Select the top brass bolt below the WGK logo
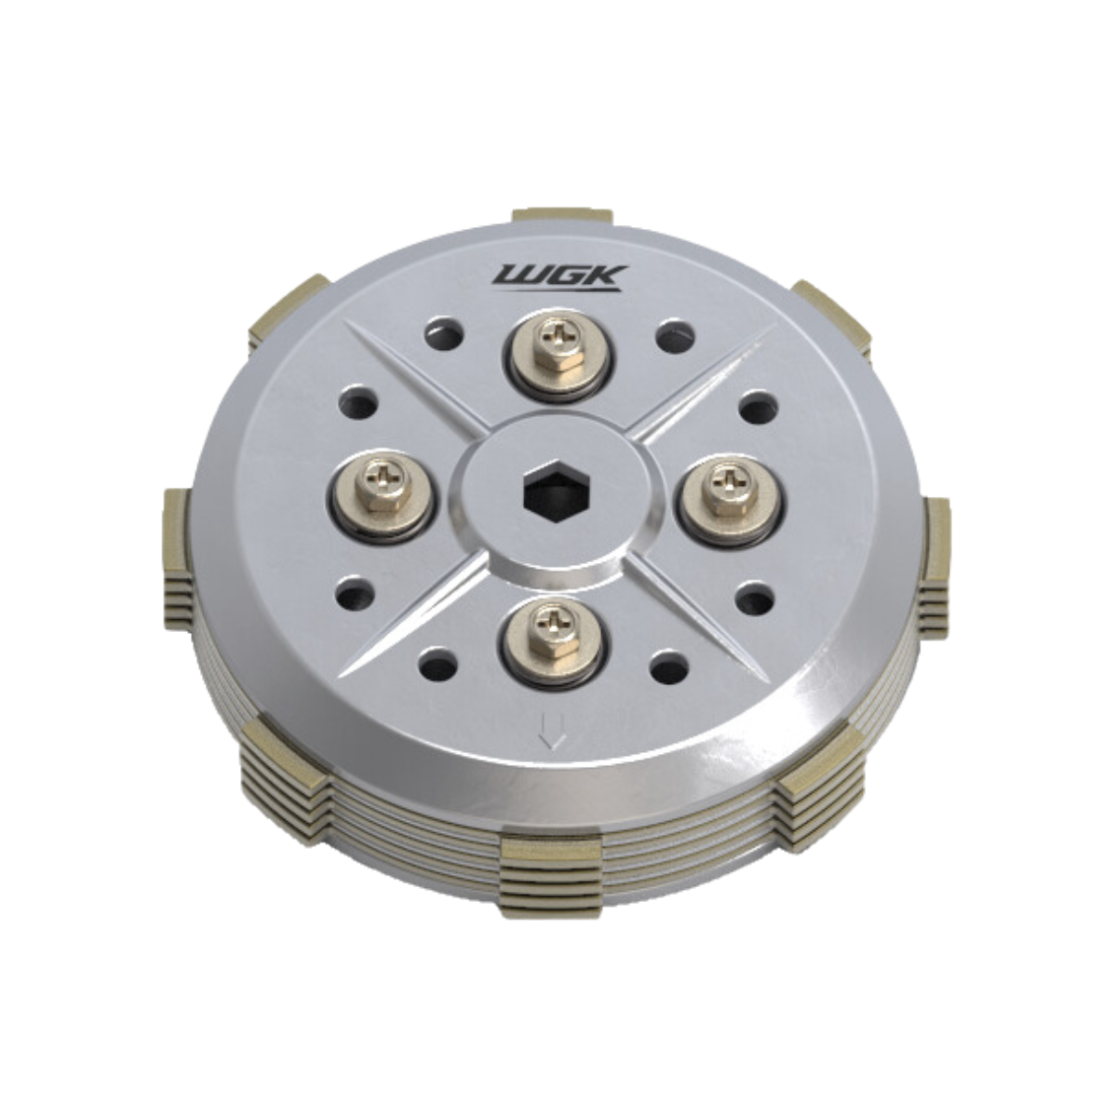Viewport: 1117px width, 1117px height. (x=558, y=346)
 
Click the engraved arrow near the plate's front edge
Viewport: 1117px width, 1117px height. (x=552, y=732)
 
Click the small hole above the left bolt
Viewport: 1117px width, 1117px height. (x=358, y=402)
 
